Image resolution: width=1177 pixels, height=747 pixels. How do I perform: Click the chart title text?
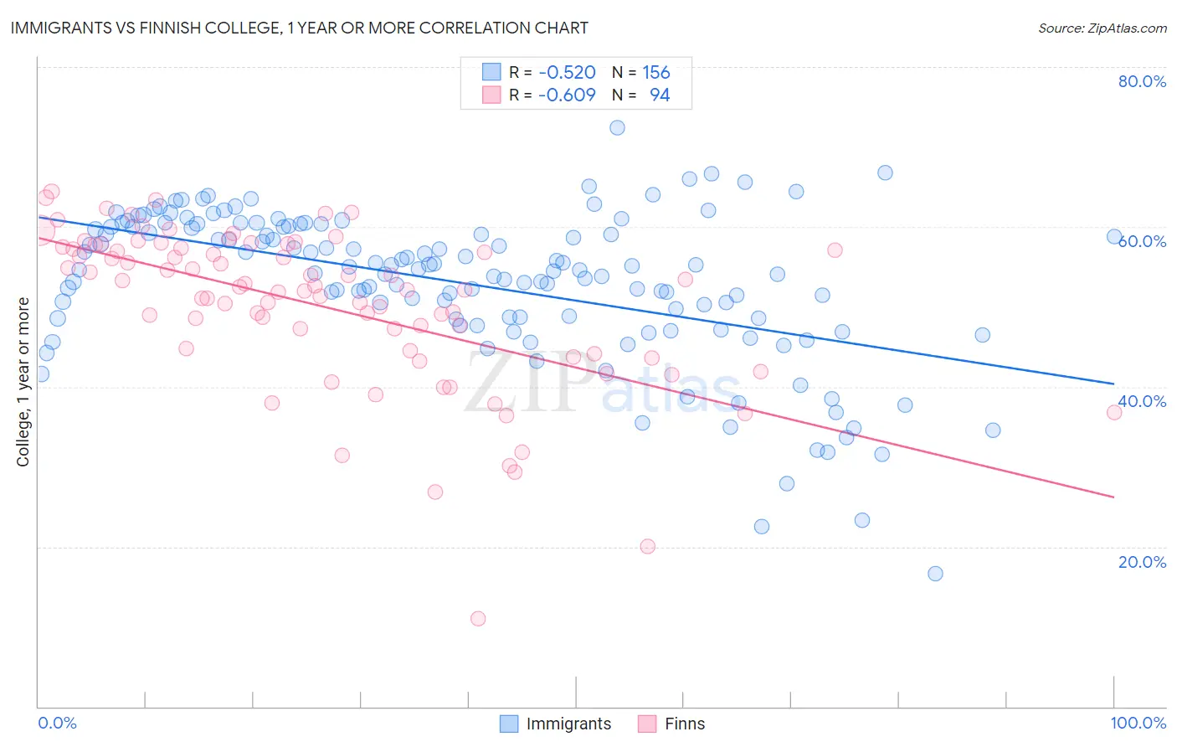pyautogui.click(x=299, y=28)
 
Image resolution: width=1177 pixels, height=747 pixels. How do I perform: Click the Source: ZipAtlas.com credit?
pyautogui.click(x=1102, y=28)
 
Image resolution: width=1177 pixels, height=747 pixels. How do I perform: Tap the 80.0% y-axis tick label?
pyautogui.click(x=1142, y=81)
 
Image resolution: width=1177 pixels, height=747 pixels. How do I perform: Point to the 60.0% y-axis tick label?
pyautogui.click(x=1142, y=241)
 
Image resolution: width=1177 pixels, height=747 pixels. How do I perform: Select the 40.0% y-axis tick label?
pyautogui.click(x=1142, y=401)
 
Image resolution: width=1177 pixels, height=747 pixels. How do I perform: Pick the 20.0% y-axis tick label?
pyautogui.click(x=1142, y=562)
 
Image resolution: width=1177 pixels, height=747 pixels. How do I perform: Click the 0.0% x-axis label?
pyautogui.click(x=57, y=723)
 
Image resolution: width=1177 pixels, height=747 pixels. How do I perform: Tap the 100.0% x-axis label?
pyautogui.click(x=1138, y=723)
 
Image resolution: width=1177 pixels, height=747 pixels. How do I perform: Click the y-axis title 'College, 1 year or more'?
pyautogui.click(x=23, y=382)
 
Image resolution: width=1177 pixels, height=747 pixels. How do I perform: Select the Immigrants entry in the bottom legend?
pyautogui.click(x=556, y=724)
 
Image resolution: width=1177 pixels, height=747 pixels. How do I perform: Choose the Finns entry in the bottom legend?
pyautogui.click(x=672, y=724)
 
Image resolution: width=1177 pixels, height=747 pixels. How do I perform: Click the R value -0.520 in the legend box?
pyautogui.click(x=567, y=73)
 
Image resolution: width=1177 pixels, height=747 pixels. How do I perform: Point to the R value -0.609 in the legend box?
pyautogui.click(x=567, y=95)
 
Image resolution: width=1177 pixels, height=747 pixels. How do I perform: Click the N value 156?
pyautogui.click(x=656, y=73)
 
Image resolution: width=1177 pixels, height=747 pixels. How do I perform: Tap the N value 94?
pyautogui.click(x=660, y=95)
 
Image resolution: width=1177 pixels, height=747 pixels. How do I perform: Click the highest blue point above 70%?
pyautogui.click(x=617, y=128)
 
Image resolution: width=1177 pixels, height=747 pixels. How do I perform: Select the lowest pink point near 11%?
pyautogui.click(x=478, y=619)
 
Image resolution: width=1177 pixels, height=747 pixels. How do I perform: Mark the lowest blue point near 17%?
pyautogui.click(x=935, y=574)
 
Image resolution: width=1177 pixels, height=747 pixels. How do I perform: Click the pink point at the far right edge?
pyautogui.click(x=1113, y=412)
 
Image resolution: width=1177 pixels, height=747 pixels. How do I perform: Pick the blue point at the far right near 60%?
pyautogui.click(x=1113, y=237)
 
